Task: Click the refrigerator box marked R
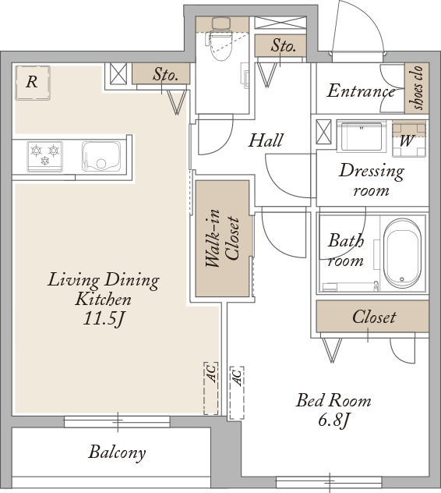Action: click(33, 83)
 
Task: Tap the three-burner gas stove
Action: click(45, 157)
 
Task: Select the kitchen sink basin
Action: click(101, 157)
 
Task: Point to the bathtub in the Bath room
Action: click(403, 254)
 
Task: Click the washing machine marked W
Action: click(408, 139)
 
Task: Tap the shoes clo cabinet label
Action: click(417, 88)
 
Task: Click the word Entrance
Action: click(361, 90)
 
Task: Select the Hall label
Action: click(266, 140)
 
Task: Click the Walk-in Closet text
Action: click(222, 238)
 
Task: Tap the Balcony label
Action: click(117, 452)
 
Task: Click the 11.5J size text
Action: click(104, 319)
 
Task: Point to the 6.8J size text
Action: click(333, 420)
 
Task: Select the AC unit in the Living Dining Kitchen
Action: click(211, 388)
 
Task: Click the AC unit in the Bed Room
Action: click(237, 393)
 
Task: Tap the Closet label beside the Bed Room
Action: click(374, 317)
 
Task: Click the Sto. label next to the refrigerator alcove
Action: click(165, 75)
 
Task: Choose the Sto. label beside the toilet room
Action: click(284, 46)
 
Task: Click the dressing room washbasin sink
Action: click(362, 137)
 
